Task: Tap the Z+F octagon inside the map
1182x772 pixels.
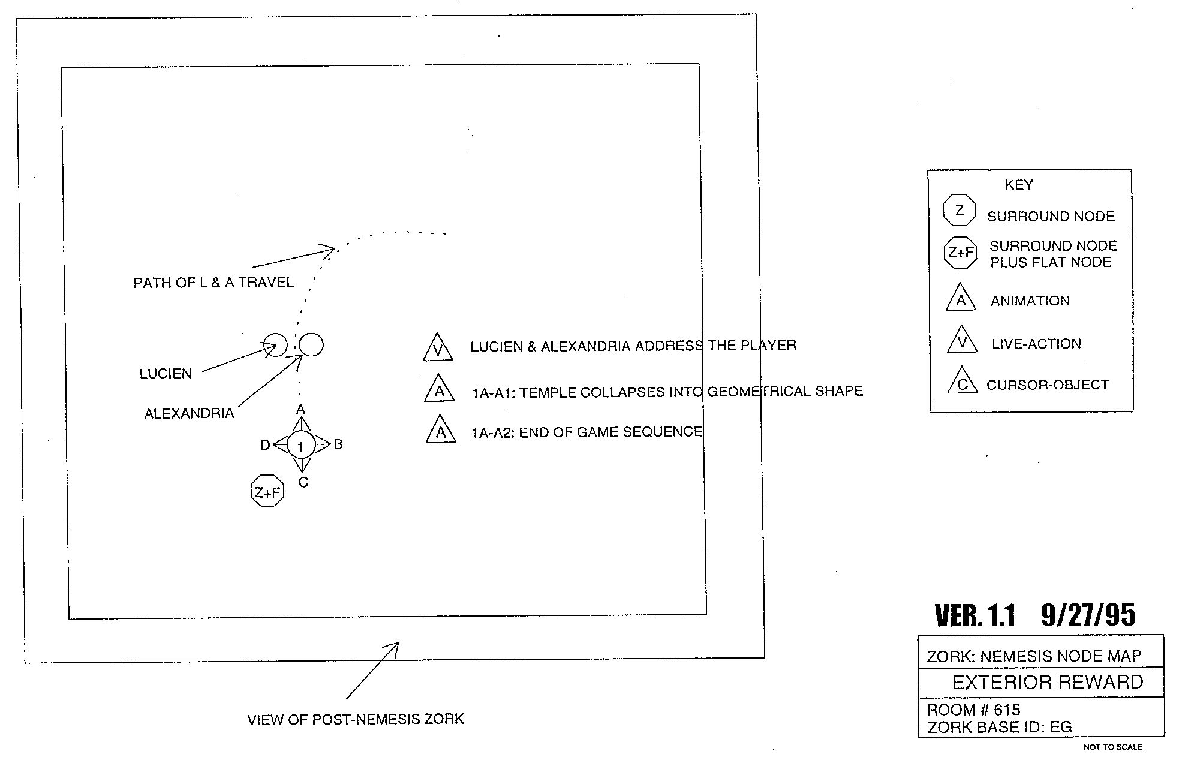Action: click(267, 491)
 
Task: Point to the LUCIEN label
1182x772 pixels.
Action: click(166, 374)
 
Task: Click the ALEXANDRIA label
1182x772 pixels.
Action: click(189, 413)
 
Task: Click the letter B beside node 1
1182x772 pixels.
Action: click(338, 444)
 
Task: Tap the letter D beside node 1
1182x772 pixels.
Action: click(265, 445)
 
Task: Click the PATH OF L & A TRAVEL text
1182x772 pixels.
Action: click(214, 283)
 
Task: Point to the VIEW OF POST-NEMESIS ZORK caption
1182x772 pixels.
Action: click(356, 719)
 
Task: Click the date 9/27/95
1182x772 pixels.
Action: click(1088, 615)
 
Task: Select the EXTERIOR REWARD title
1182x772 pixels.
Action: click(1048, 682)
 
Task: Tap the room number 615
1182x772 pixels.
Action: click(1007, 710)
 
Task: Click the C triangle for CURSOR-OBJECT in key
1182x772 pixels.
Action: click(963, 382)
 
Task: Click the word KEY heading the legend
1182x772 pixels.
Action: click(1019, 185)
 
